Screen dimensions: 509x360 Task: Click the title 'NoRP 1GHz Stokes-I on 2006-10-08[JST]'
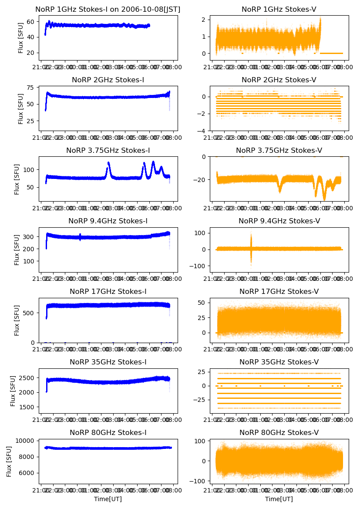108,9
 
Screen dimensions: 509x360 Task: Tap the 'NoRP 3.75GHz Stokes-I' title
108,150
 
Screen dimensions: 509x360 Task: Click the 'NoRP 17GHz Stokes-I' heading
108,291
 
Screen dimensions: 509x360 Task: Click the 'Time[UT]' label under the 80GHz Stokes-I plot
108,499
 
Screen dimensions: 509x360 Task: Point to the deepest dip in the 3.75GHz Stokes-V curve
324,199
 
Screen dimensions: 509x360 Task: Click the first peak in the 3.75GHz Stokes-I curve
108,163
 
